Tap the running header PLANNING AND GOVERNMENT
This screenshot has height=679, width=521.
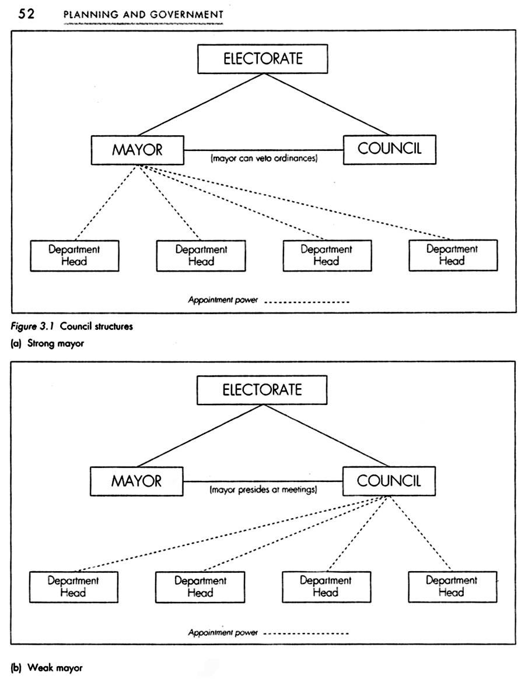pos(144,15)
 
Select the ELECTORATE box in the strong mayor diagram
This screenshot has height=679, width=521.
pos(263,58)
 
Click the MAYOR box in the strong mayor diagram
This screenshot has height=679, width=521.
pos(138,150)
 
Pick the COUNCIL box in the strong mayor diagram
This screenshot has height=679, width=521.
pos(390,149)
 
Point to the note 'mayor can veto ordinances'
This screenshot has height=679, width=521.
pos(264,159)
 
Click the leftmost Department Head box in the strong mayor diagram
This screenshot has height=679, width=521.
pos(75,255)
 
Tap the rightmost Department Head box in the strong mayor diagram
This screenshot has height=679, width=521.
pos(453,255)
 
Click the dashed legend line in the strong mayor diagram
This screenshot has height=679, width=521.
pos(307,302)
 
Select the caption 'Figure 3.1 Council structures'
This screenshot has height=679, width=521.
pos(72,326)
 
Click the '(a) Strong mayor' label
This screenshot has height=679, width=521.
pos(48,343)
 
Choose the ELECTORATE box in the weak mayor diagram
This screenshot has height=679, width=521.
pos(262,390)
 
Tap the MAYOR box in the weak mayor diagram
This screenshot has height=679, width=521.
pos(137,481)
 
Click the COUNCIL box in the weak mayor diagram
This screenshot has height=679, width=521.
pos(389,481)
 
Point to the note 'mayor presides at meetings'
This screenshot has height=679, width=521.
pos(264,490)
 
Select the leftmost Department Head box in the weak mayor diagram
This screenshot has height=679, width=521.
pos(74,587)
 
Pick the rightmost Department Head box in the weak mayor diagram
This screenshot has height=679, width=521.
pos(452,586)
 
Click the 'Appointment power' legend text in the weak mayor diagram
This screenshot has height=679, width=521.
pos(223,633)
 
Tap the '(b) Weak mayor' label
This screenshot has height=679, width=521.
pos(47,667)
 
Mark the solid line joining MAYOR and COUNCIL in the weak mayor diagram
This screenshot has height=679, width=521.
pos(263,481)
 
